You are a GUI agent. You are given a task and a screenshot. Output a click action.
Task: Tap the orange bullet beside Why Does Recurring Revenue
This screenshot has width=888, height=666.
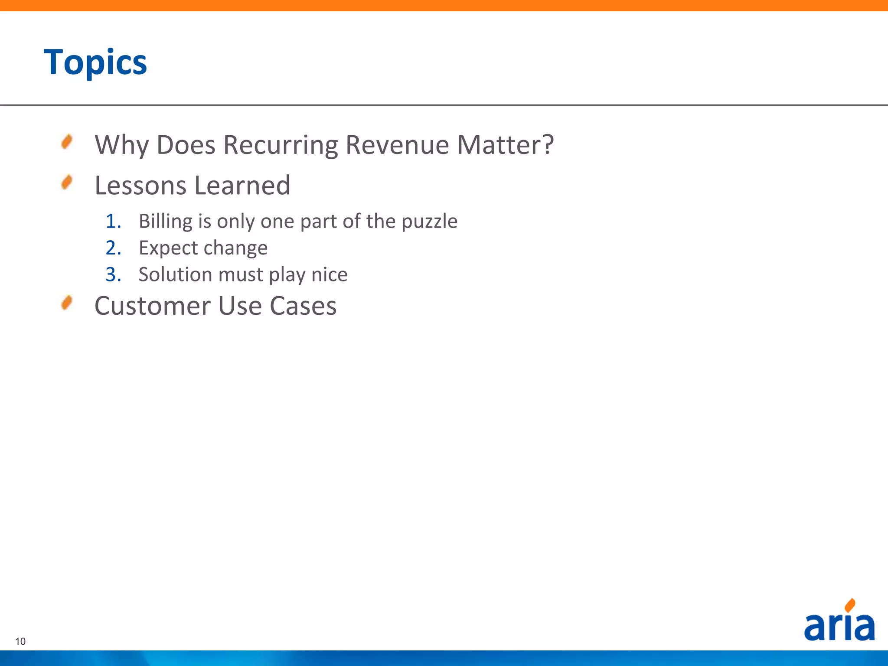click(x=67, y=142)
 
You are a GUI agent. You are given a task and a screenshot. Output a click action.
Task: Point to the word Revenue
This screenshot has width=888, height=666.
click(x=397, y=145)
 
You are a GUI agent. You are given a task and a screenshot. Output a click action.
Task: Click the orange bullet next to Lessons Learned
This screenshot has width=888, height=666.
click(x=67, y=183)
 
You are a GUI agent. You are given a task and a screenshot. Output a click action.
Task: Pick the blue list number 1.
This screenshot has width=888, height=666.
click(x=113, y=221)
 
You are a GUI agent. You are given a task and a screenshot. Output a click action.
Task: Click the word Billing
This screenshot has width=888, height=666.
click(x=166, y=222)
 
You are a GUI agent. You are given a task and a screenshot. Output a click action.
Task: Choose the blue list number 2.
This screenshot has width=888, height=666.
click(x=113, y=248)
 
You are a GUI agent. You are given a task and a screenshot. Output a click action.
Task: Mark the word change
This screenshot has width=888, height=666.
click(x=235, y=248)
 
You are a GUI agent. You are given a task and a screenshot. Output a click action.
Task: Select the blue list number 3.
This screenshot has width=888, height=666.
click(x=113, y=274)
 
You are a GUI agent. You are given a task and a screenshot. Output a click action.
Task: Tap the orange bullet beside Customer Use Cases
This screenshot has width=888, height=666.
click(x=67, y=303)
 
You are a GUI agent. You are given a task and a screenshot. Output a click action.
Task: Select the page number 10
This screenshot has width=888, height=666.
click(x=20, y=641)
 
